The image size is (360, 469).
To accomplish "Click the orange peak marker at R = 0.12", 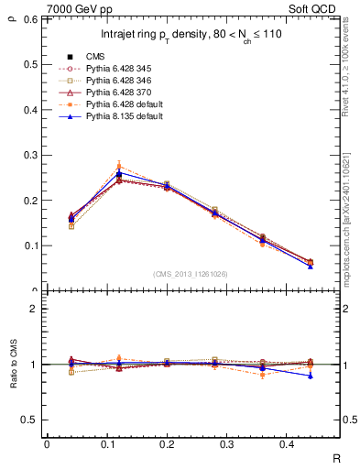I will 119,166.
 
